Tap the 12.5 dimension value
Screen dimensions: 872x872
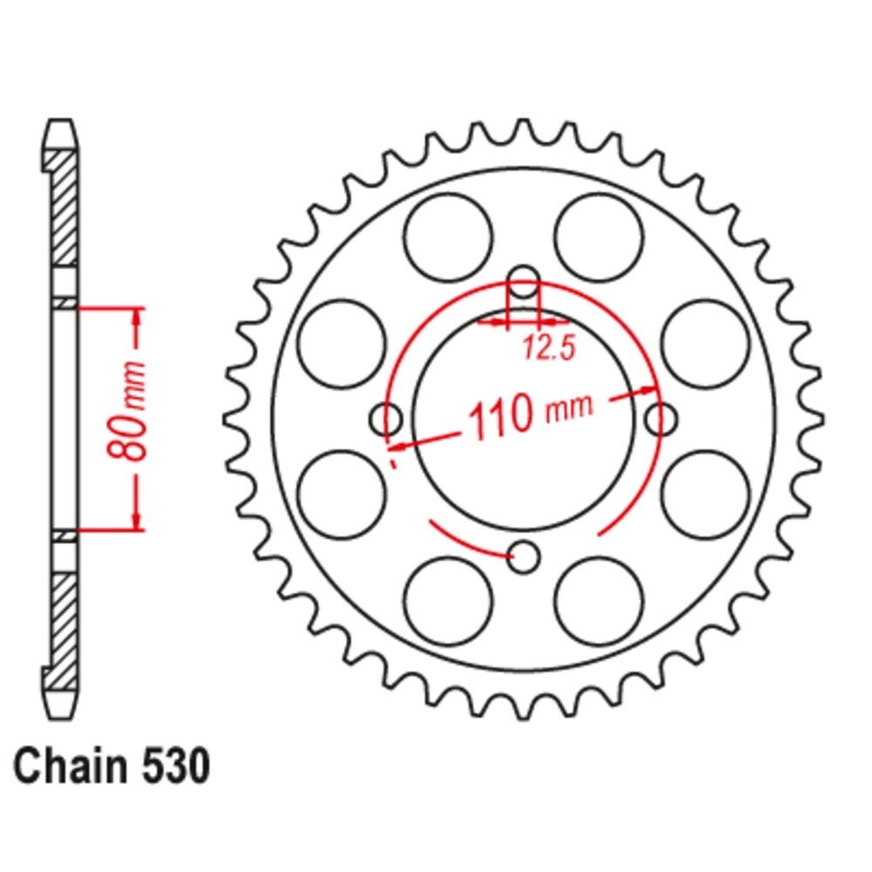click(548, 349)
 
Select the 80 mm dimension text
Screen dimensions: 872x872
click(126, 411)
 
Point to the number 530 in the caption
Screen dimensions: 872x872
click(177, 766)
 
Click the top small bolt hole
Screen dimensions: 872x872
click(524, 283)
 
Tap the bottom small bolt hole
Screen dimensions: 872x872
click(524, 556)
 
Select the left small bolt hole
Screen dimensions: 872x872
click(386, 419)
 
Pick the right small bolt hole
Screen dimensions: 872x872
click(661, 419)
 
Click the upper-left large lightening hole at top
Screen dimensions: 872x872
click(448, 237)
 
